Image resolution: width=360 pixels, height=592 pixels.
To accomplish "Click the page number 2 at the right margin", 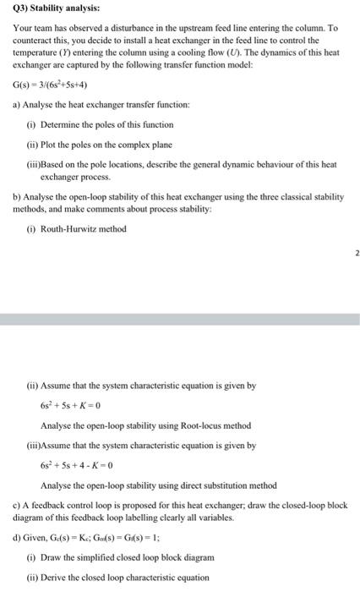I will coord(356,252).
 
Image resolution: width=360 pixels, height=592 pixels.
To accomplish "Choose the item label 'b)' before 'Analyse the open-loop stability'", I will coord(17,197).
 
